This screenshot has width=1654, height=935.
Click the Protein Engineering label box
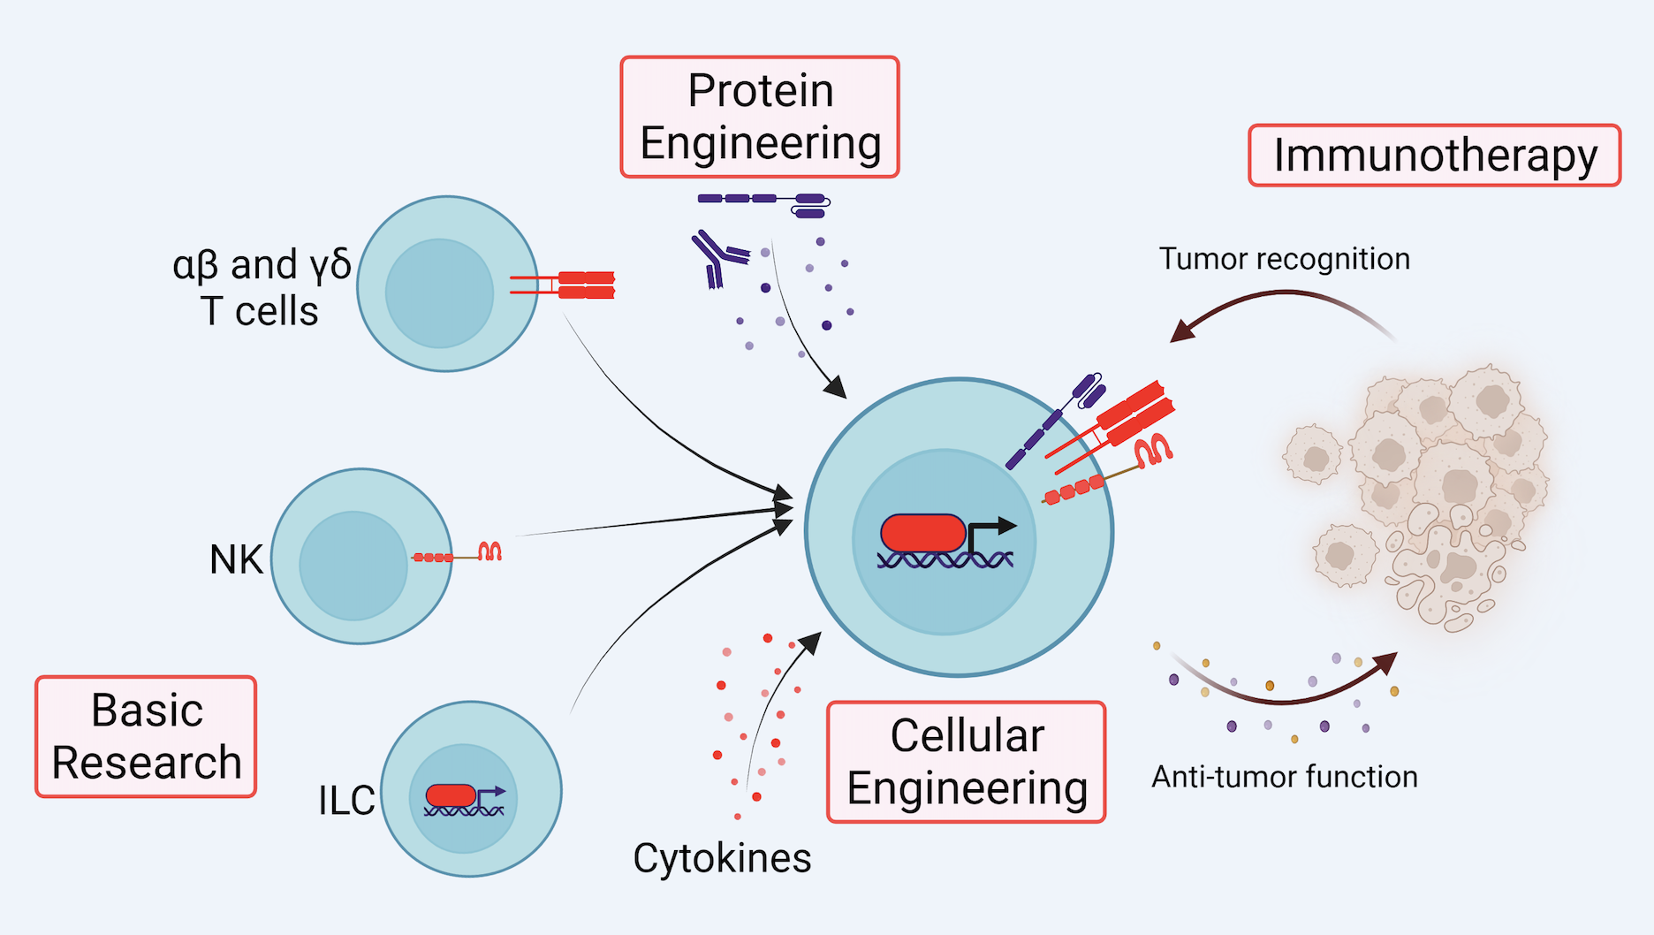pyautogui.click(x=760, y=118)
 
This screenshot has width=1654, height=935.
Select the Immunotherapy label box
pyautogui.click(x=1434, y=156)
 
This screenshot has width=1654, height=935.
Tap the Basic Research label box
pyautogui.click(x=146, y=737)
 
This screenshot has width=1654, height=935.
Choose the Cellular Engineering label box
pyautogui.click(x=967, y=762)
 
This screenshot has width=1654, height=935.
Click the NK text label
pyautogui.click(x=236, y=559)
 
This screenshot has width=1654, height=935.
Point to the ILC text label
pyautogui.click(x=346, y=801)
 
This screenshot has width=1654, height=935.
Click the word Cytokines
pyautogui.click(x=722, y=858)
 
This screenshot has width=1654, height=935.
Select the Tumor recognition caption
pyautogui.click(x=1284, y=259)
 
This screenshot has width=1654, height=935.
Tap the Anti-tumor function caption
pyautogui.click(x=1284, y=777)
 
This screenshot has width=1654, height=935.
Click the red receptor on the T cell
pyautogui.click(x=586, y=285)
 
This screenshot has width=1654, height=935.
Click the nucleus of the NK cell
pyautogui.click(x=353, y=566)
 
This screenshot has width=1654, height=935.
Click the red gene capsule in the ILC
pyautogui.click(x=451, y=795)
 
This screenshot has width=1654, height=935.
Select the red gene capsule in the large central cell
pyautogui.click(x=922, y=534)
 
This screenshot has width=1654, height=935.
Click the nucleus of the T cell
pyautogui.click(x=439, y=293)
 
